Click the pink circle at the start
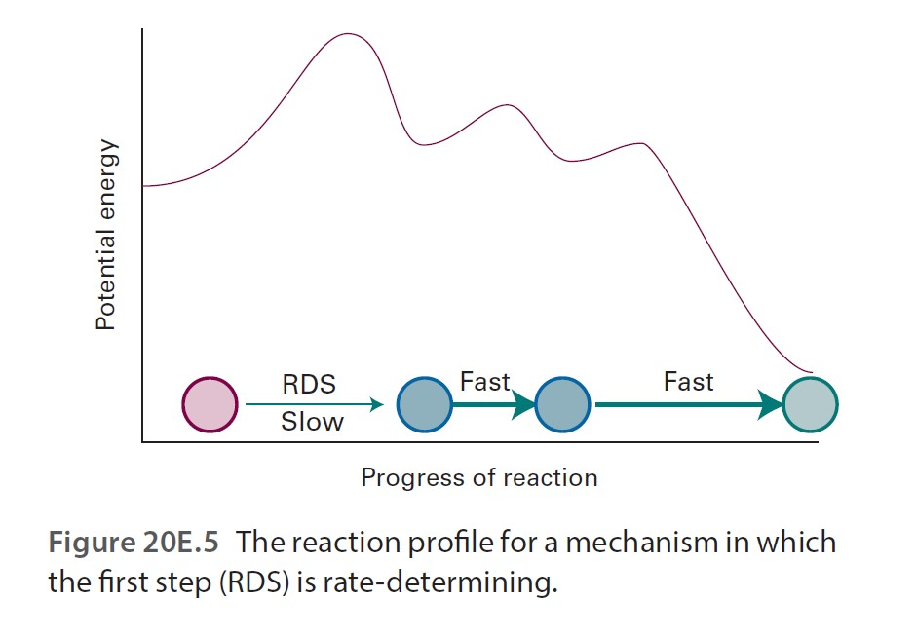click(210, 404)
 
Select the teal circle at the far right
click(810, 404)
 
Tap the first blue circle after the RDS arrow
click(425, 404)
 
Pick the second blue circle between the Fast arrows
click(563, 404)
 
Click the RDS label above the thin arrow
click(309, 385)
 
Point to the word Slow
click(312, 423)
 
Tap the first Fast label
click(485, 382)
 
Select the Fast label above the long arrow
click(688, 382)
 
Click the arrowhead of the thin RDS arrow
click(378, 404)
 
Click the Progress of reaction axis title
click(478, 477)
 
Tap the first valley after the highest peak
click(421, 145)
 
